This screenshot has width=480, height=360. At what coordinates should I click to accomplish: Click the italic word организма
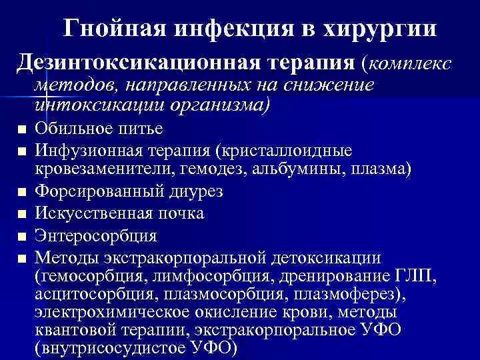pos(220,105)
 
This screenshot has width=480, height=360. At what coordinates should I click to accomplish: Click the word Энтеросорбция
pos(97,235)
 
